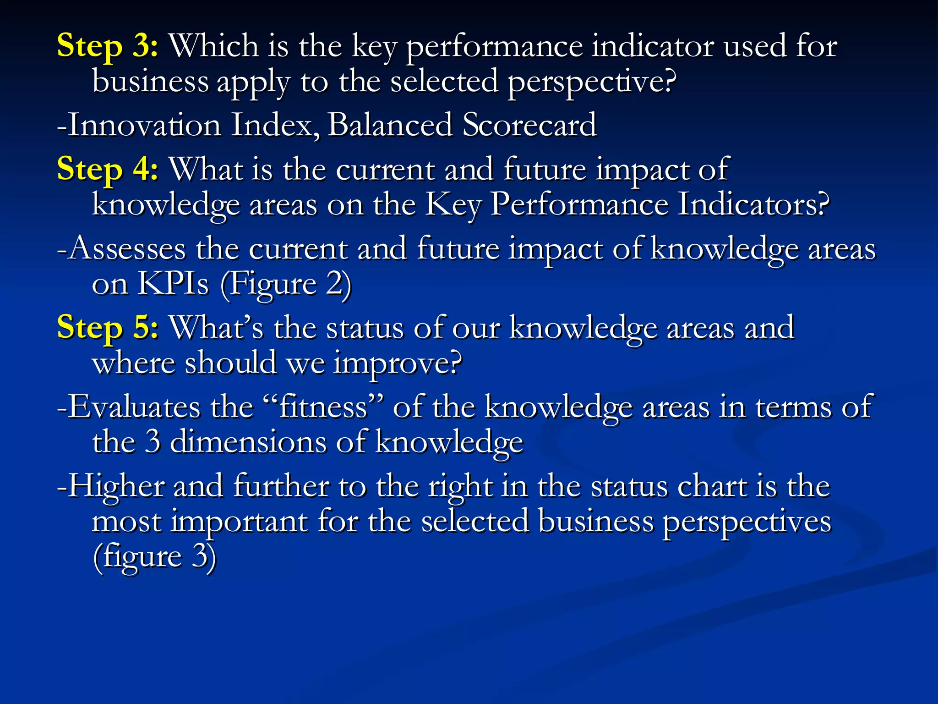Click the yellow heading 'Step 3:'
(x=107, y=47)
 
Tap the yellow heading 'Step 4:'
(x=107, y=170)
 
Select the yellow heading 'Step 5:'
(x=107, y=328)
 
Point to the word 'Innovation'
(x=145, y=125)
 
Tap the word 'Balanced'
(x=390, y=125)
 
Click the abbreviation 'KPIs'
(x=173, y=284)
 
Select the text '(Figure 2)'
(x=286, y=285)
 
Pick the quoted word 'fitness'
(x=323, y=407)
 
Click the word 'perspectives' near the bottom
(x=747, y=523)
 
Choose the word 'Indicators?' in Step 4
(x=753, y=205)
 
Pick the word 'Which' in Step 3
(x=214, y=47)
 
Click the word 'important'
(x=239, y=523)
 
